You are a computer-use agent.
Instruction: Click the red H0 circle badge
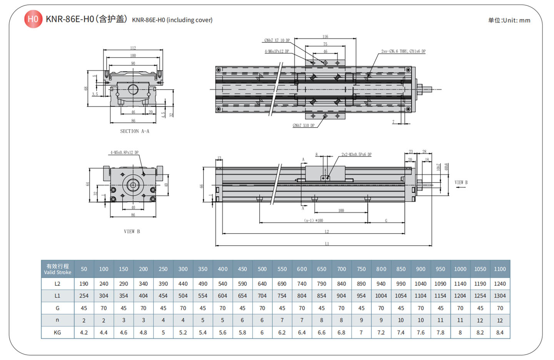(x=33, y=19)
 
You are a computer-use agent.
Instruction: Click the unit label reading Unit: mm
(x=509, y=20)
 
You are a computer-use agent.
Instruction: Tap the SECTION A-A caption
(x=135, y=131)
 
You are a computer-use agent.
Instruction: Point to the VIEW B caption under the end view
(x=132, y=232)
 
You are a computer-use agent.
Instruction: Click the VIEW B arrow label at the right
(x=461, y=183)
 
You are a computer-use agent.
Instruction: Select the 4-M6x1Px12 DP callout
(x=277, y=51)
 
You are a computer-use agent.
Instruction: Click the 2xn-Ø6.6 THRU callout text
(x=403, y=51)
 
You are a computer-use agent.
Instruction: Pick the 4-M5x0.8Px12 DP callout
(x=124, y=153)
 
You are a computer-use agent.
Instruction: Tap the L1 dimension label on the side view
(x=327, y=243)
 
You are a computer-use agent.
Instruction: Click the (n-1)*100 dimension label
(x=314, y=220)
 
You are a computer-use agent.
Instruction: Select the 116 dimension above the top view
(x=325, y=37)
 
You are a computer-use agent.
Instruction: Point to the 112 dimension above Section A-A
(x=133, y=48)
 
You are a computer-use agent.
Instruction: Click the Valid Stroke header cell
(x=58, y=269)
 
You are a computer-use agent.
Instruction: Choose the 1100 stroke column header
(x=500, y=269)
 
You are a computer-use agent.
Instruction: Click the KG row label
(x=57, y=332)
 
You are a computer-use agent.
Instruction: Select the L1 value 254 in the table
(x=84, y=296)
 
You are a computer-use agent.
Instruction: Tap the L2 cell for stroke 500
(x=262, y=283)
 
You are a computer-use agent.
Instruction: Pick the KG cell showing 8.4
(x=500, y=332)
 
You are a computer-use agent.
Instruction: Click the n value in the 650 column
(x=322, y=320)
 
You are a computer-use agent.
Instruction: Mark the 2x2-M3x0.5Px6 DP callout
(x=356, y=155)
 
